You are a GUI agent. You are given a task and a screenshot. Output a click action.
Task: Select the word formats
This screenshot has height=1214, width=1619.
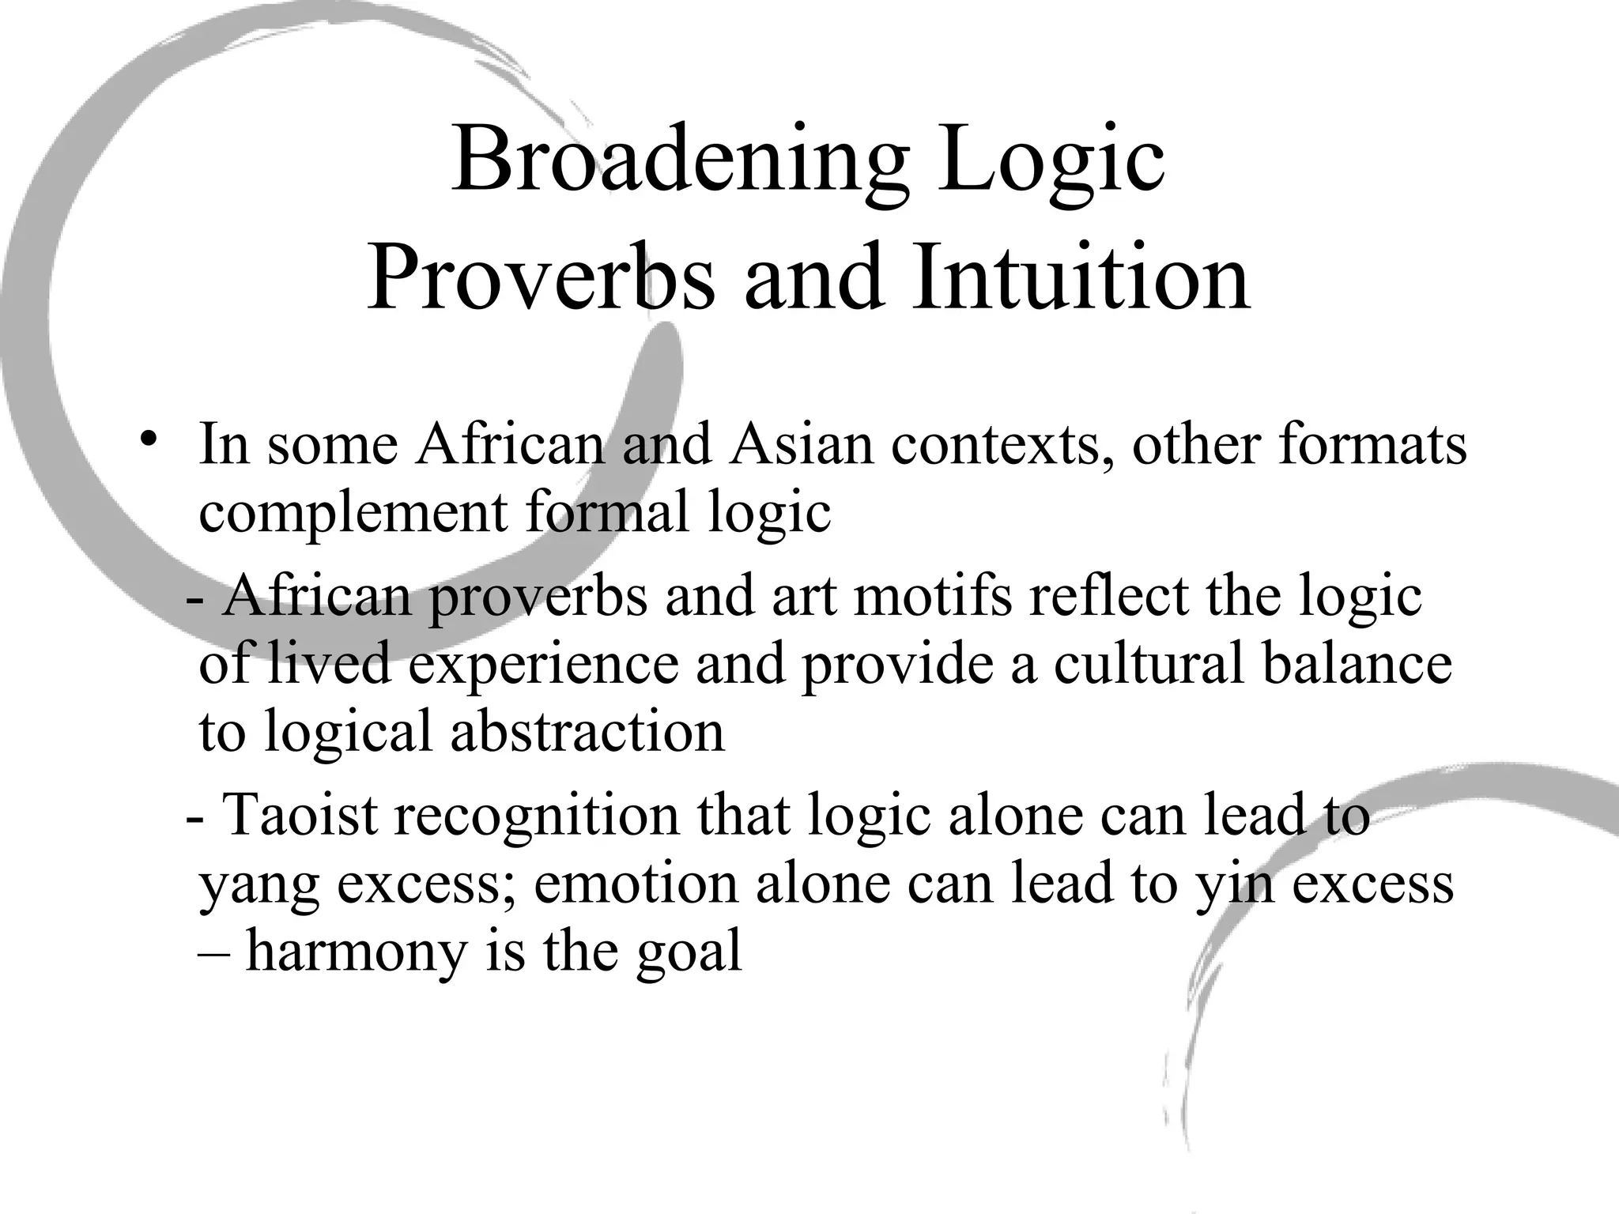[1372, 444]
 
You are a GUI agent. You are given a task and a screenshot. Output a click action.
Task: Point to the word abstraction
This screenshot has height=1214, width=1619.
[587, 732]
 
